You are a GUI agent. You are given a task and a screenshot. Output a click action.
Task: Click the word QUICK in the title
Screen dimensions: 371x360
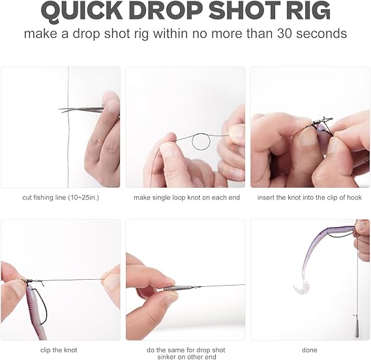click(83, 11)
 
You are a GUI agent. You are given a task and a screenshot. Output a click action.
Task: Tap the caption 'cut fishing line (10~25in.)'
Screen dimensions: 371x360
click(61, 198)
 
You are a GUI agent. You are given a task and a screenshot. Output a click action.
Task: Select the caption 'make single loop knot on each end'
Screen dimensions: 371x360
click(186, 198)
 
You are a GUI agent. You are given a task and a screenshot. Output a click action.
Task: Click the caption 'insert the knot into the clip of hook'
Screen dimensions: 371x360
click(310, 198)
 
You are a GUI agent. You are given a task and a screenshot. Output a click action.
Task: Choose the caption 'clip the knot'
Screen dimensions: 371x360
click(59, 350)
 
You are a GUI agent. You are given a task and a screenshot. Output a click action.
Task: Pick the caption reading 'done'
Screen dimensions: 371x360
click(310, 350)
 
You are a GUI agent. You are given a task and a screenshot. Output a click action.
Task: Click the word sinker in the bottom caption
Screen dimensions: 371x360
click(168, 357)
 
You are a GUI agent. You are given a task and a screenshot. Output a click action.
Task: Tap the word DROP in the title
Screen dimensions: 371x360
click(165, 11)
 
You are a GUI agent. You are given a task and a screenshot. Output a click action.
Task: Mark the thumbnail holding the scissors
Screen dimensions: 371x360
click(111, 106)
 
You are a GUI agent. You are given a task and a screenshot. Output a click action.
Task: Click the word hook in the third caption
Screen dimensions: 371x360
click(355, 198)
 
